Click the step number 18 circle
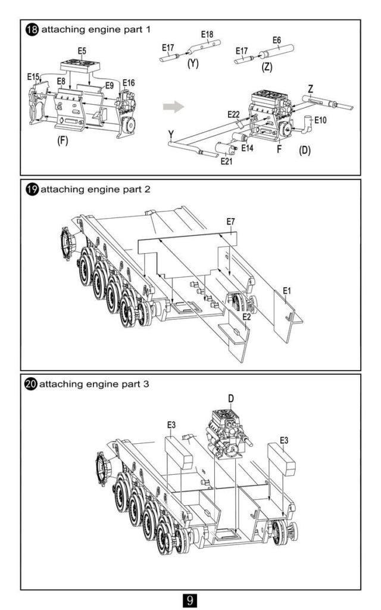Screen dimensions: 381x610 32,30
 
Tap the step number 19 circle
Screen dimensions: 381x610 32,189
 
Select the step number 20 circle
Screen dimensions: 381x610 31,384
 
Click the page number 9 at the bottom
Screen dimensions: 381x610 190,599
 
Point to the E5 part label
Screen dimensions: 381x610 82,51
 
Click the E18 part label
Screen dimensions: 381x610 207,34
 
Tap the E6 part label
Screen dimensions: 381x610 276,40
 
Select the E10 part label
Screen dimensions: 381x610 321,120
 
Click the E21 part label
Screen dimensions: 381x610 226,161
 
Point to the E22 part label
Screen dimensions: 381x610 233,114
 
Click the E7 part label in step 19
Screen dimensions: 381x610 231,222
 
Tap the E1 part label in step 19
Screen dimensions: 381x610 287,290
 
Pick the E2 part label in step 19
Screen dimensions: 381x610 246,317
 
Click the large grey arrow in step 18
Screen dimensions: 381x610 173,106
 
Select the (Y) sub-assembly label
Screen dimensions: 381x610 193,63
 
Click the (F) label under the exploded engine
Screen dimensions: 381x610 63,140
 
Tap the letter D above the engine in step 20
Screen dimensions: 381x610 231,399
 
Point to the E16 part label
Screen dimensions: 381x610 129,82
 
